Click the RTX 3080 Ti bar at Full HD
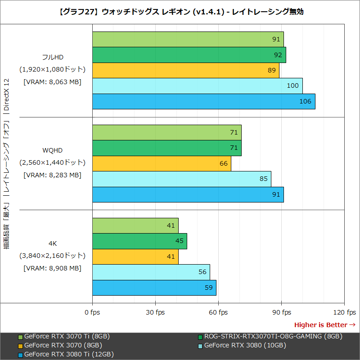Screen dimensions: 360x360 (x=203, y=101)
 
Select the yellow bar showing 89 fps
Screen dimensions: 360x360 (x=185, y=70)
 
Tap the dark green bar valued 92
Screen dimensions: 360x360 (x=189, y=55)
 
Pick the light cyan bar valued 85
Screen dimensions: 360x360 (x=181, y=179)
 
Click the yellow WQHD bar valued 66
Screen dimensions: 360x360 (x=162, y=163)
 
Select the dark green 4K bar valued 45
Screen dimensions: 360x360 (x=139, y=241)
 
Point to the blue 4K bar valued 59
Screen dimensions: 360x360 (x=154, y=288)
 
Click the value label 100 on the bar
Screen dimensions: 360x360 (x=292, y=86)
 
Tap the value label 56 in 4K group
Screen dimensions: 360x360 (x=202, y=272)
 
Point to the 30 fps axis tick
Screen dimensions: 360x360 (x=155, y=312)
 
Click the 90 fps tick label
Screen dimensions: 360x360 (x=281, y=312)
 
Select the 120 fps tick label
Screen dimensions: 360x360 (x=344, y=312)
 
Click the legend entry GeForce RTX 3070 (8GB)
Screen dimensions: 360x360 (x=63, y=345)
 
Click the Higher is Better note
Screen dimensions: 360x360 (x=324, y=325)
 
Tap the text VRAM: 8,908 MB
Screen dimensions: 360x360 (x=52, y=268)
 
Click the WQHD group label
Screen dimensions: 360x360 (x=52, y=150)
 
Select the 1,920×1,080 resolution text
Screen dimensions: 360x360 (x=52, y=69)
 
